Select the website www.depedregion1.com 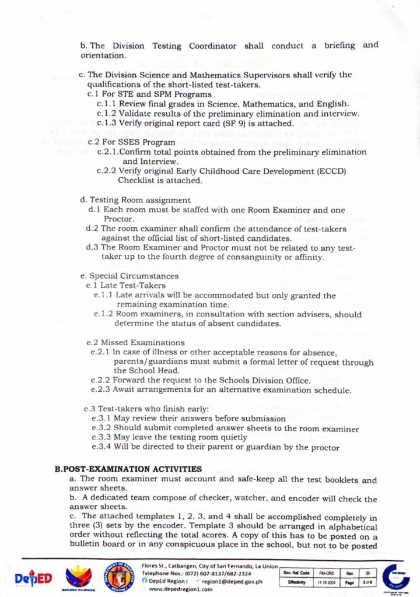[182, 589]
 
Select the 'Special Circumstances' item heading [134, 275]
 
